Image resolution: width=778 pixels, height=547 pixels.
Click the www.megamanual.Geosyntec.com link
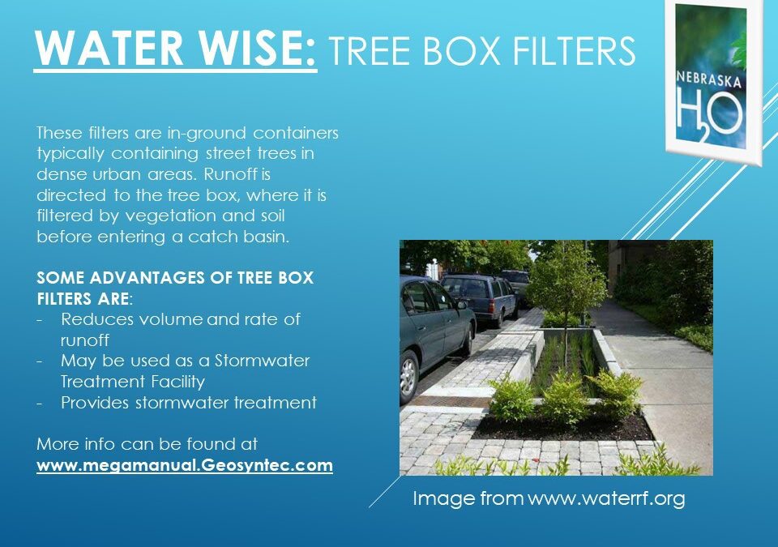185,466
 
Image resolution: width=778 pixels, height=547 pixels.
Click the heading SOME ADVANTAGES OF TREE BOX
175,277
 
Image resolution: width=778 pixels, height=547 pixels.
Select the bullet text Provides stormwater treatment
188,403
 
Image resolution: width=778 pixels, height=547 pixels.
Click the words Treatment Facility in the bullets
133,381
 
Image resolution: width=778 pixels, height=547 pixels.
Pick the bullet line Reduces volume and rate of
180,319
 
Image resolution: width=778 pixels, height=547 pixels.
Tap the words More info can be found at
147,444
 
